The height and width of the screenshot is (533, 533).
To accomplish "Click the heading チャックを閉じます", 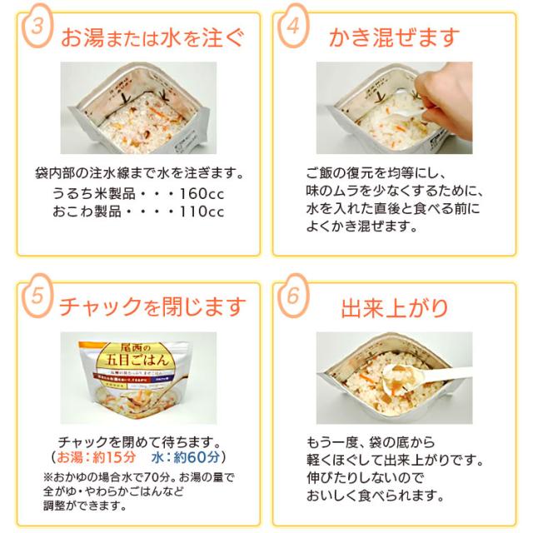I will tap(152, 307).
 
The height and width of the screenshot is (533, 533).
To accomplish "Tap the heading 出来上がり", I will tap(394, 307).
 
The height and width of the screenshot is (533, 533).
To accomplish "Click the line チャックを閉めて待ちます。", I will tap(136, 441).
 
